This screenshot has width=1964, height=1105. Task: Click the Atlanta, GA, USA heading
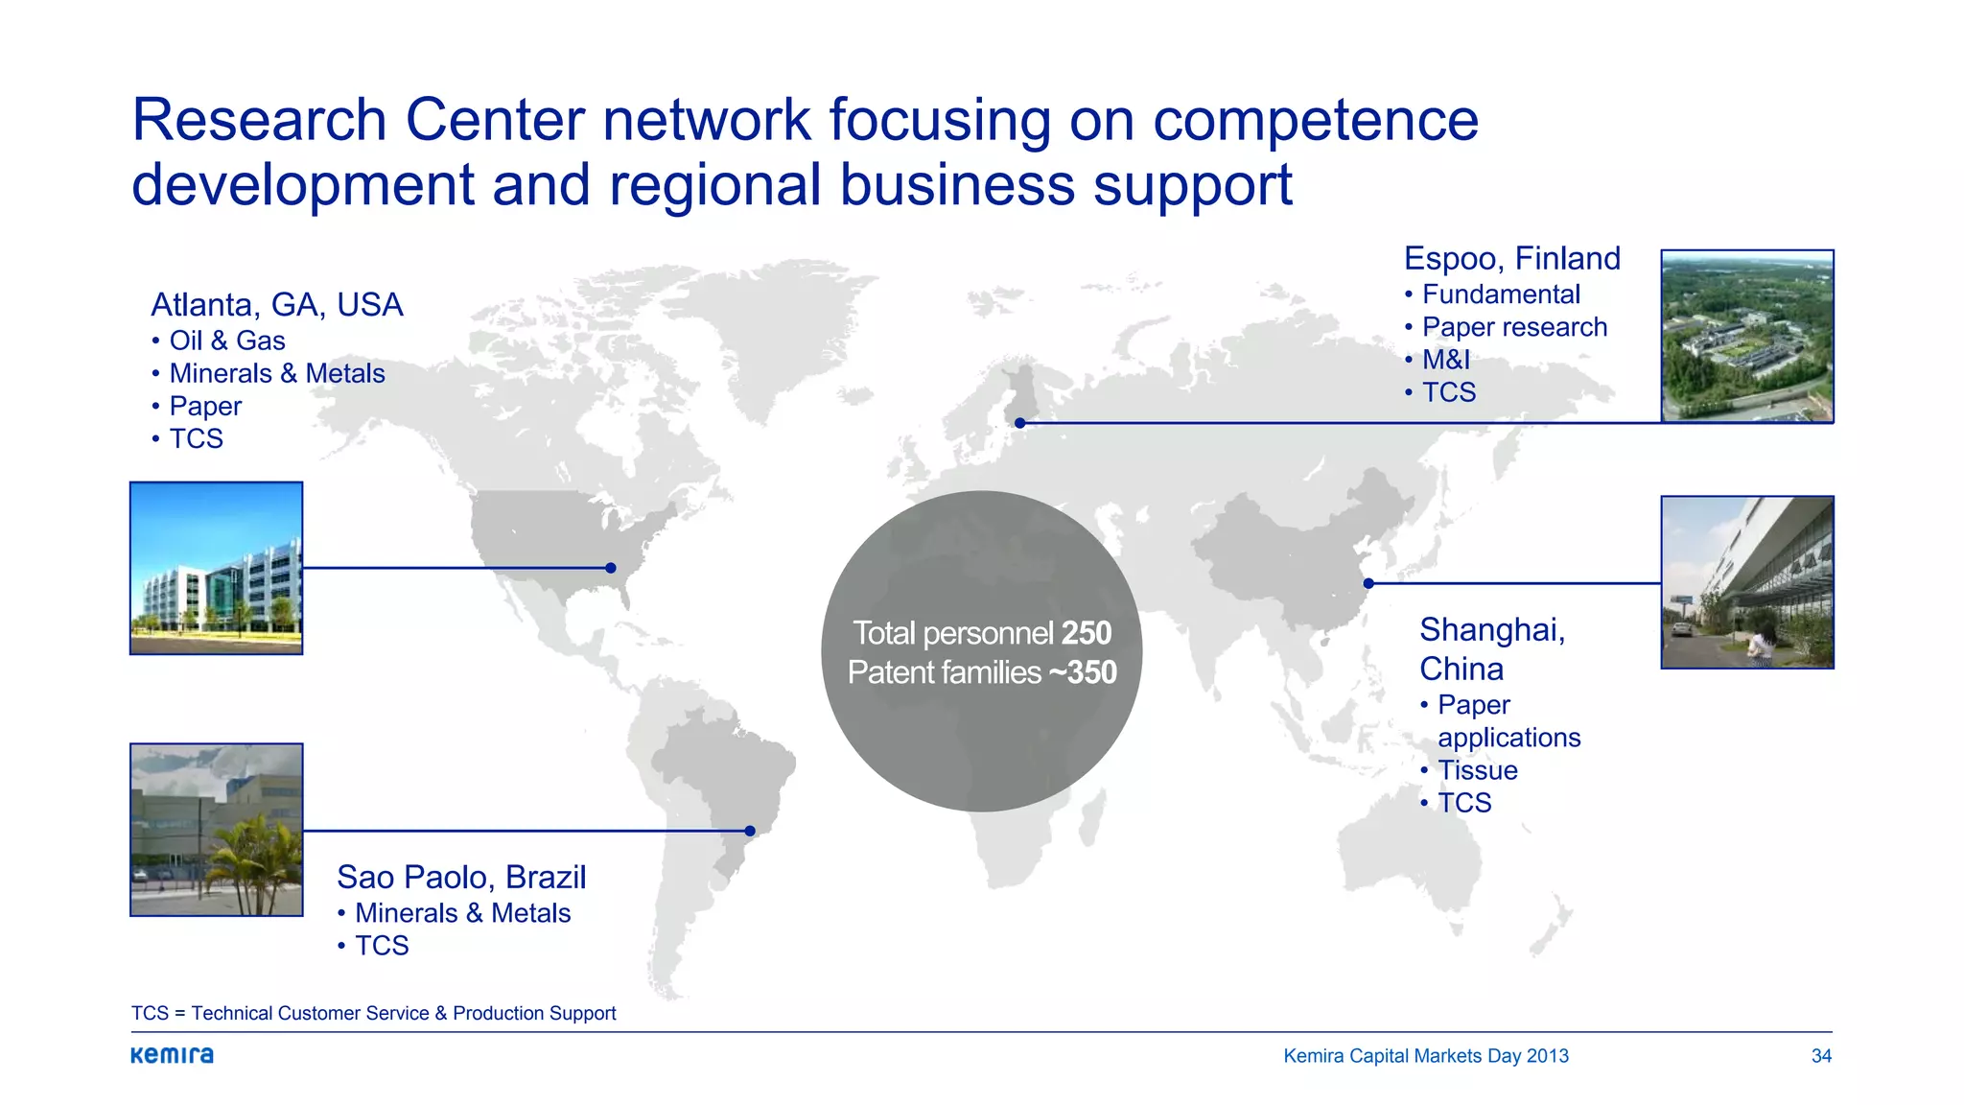pos(276,305)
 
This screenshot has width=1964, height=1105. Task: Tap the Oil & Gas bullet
pos(226,341)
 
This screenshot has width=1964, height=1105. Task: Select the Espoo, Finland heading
pos(1511,259)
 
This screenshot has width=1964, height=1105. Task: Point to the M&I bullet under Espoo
pos(1445,360)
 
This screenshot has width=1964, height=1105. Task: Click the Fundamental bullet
pos(1500,294)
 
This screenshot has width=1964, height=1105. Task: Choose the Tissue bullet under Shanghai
pos(1477,770)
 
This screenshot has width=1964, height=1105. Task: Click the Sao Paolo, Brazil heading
pos(460,877)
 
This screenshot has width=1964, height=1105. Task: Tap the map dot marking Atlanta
pos(611,568)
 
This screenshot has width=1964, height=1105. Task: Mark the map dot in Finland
pos(1020,423)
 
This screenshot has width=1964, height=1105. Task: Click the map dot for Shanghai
pos(1368,583)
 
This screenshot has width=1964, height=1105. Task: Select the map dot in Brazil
pos(750,831)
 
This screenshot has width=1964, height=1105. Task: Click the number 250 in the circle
pos(1087,633)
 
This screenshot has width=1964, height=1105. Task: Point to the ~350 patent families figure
pos(1083,672)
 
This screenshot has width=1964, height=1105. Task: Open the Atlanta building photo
pos(217,568)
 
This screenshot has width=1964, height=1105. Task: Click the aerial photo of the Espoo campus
pos(1747,336)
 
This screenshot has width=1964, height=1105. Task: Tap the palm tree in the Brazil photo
pos(251,863)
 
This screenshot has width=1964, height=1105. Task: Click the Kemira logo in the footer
pos(173,1055)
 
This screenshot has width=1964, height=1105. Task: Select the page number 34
pos(1821,1056)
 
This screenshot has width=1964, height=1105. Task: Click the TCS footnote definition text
pos(373,1013)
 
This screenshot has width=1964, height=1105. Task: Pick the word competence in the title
pos(1315,121)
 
